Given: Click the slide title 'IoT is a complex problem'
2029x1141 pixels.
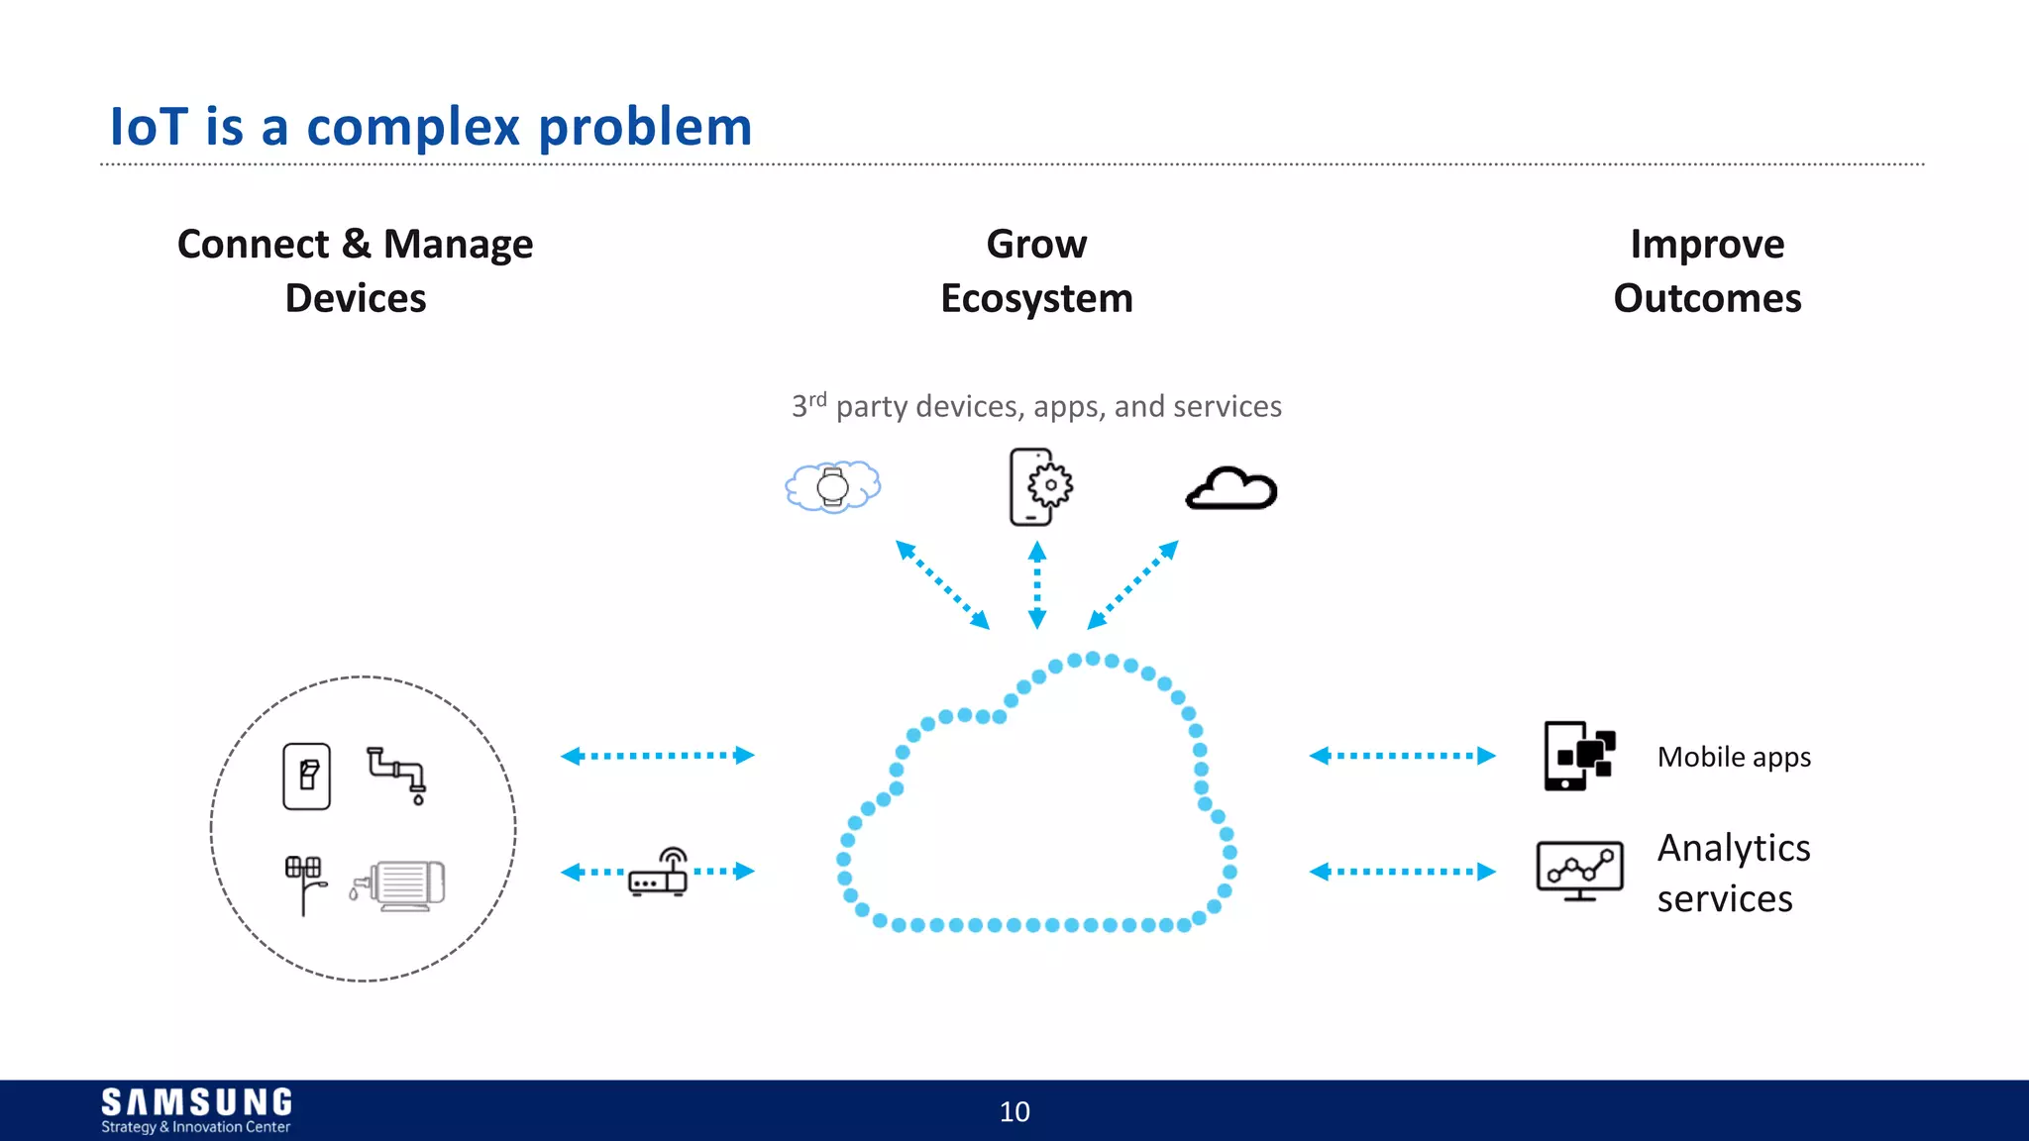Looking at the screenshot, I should [431, 127].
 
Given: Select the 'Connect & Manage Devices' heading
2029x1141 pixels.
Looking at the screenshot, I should [355, 270].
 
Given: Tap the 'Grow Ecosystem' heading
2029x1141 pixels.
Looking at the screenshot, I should [1036, 270].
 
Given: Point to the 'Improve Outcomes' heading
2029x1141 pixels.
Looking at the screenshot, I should [1707, 270].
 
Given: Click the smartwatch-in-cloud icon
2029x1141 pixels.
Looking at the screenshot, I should [832, 486].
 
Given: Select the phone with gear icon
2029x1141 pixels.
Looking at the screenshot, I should [1039, 486].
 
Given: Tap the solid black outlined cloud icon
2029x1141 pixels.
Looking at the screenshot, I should [1231, 488].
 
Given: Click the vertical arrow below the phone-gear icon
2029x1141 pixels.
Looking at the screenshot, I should [1037, 585].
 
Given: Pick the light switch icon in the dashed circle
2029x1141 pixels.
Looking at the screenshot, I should [307, 777].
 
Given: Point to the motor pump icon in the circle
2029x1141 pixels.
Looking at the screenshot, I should [400, 883].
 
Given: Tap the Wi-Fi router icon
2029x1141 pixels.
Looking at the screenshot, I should [659, 873].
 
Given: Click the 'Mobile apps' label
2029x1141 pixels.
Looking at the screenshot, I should [1734, 757].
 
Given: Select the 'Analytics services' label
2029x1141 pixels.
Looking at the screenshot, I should [1733, 873].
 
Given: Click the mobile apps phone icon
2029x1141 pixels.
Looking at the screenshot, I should [1579, 756].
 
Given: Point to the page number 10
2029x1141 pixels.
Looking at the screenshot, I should [1014, 1111].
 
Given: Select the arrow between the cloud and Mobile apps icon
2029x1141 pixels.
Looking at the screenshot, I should [1402, 756].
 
